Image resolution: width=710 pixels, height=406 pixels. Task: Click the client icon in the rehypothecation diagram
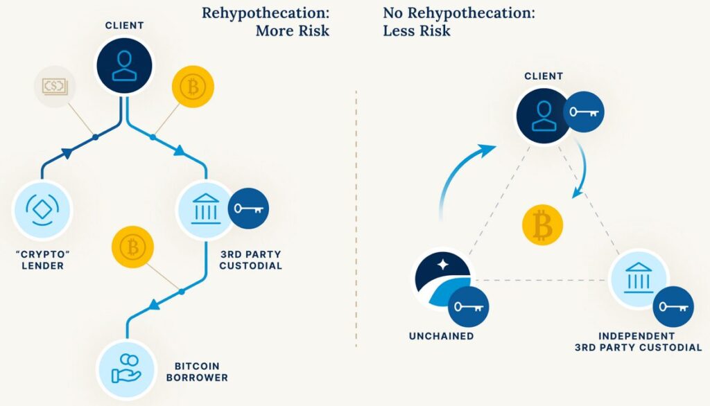pos(124,66)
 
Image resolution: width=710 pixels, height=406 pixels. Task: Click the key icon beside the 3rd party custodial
pos(248,209)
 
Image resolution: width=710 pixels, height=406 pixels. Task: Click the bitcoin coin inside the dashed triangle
pos(542,225)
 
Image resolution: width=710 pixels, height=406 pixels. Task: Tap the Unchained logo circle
pos(442,279)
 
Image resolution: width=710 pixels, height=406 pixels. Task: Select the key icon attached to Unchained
pos(468,305)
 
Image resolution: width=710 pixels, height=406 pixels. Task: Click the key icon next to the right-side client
pos(583,112)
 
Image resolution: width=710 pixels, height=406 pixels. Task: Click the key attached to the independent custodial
pos(673,306)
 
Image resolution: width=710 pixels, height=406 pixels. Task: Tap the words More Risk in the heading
pos(292,31)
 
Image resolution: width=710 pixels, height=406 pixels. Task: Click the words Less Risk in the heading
pos(417,31)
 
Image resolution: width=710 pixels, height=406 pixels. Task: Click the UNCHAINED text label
pos(441,336)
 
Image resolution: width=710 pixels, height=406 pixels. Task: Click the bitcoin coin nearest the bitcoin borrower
pos(131,247)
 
